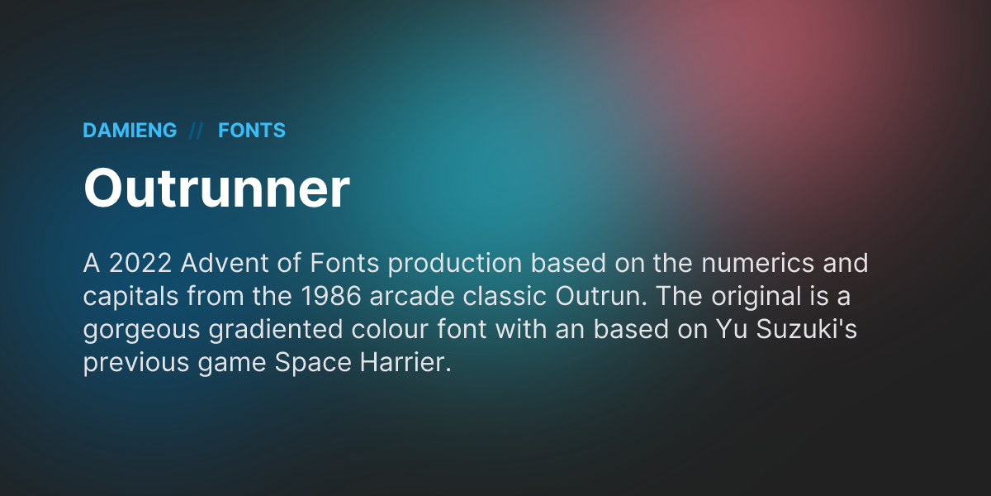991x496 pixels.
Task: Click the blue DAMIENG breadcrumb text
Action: [130, 131]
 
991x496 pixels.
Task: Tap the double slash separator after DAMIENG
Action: [197, 131]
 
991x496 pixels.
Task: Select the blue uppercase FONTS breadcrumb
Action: [252, 131]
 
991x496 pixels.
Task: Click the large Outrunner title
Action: [216, 188]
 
